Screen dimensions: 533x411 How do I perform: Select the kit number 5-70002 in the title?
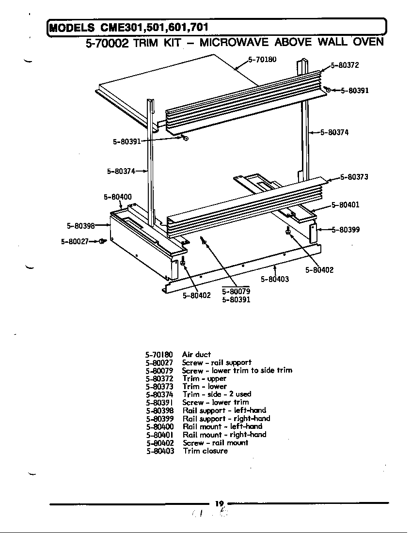tap(107, 43)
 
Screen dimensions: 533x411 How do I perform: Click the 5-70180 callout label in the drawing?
tap(262, 60)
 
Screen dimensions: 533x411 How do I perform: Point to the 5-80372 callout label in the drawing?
tap(345, 65)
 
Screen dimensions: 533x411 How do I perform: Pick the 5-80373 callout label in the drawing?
tap(354, 177)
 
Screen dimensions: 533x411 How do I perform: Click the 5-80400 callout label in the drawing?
tap(118, 197)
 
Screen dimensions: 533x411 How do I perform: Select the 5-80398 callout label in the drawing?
tap(80, 225)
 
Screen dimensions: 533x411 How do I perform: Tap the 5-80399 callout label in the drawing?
tap(346, 230)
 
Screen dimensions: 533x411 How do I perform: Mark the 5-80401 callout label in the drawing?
tap(345, 205)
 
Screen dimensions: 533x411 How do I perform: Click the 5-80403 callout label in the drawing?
tap(275, 279)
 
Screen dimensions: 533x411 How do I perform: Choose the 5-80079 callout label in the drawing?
tap(236, 291)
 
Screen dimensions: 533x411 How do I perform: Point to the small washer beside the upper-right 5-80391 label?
tap(328, 90)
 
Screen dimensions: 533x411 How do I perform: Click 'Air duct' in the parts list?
tap(197, 355)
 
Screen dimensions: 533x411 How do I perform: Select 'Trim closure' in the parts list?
tap(205, 451)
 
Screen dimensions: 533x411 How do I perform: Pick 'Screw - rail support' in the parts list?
tap(217, 362)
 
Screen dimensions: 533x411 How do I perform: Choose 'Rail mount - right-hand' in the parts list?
tap(224, 435)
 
